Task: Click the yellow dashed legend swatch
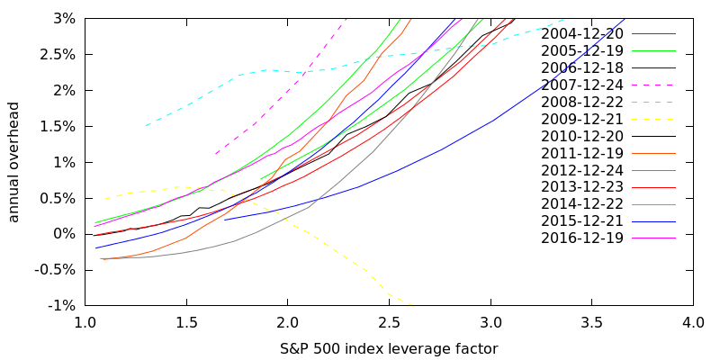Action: point(652,119)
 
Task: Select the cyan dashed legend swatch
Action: point(652,102)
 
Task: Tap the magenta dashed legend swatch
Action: point(652,85)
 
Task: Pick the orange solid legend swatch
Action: point(652,153)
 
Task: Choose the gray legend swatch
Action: point(652,170)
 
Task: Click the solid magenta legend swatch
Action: point(652,238)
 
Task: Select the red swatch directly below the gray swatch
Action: point(652,187)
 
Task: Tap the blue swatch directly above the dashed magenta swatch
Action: point(652,67)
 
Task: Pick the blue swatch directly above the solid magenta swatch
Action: point(652,221)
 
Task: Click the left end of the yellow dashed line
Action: point(104,198)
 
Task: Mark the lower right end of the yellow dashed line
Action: point(412,306)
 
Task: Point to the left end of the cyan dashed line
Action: point(146,126)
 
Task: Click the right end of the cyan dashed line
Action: point(565,19)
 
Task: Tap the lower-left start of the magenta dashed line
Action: point(216,154)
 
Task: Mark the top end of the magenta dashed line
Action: point(346,17)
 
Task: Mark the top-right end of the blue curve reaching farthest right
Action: point(624,19)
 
